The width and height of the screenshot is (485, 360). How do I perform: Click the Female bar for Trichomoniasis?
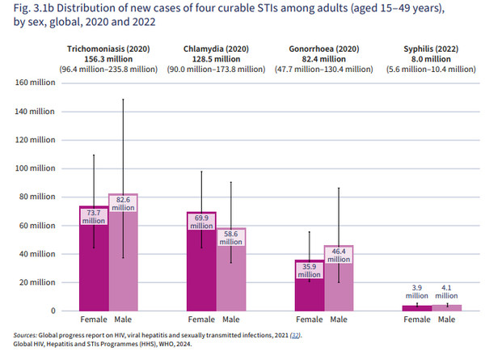coord(93,267)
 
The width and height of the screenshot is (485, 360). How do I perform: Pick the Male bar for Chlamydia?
coord(233,279)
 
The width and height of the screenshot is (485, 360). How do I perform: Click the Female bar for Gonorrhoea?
coord(310,291)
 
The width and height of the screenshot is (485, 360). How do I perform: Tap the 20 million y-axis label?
coord(32,282)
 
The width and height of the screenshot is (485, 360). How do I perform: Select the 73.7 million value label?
coord(94,216)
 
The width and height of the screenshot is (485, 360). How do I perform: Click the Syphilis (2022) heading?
coord(428,49)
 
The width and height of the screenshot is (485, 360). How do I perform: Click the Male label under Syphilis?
coord(447,320)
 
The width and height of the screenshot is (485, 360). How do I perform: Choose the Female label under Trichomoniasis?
coord(93,320)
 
